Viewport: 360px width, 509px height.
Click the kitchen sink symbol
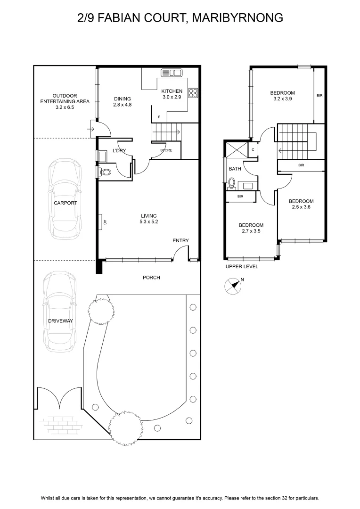(x=171, y=73)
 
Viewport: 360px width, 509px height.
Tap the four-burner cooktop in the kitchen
(x=194, y=93)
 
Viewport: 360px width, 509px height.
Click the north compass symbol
(x=233, y=286)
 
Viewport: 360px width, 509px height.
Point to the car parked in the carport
(x=65, y=199)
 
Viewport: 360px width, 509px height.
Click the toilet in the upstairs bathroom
(x=232, y=183)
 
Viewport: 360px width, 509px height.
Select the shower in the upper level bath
(x=237, y=150)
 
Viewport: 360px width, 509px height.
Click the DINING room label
(x=123, y=99)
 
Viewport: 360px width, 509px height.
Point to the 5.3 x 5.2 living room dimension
(x=149, y=222)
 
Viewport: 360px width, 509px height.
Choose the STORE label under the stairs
(x=166, y=150)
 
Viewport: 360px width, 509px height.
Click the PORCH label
(x=151, y=278)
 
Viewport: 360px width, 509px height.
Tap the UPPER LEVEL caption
(x=242, y=266)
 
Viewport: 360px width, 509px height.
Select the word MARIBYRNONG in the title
(x=237, y=17)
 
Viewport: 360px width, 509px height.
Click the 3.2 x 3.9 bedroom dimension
(x=282, y=99)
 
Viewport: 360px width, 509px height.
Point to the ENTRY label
(x=180, y=240)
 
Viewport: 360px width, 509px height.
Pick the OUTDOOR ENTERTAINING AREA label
(x=65, y=101)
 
